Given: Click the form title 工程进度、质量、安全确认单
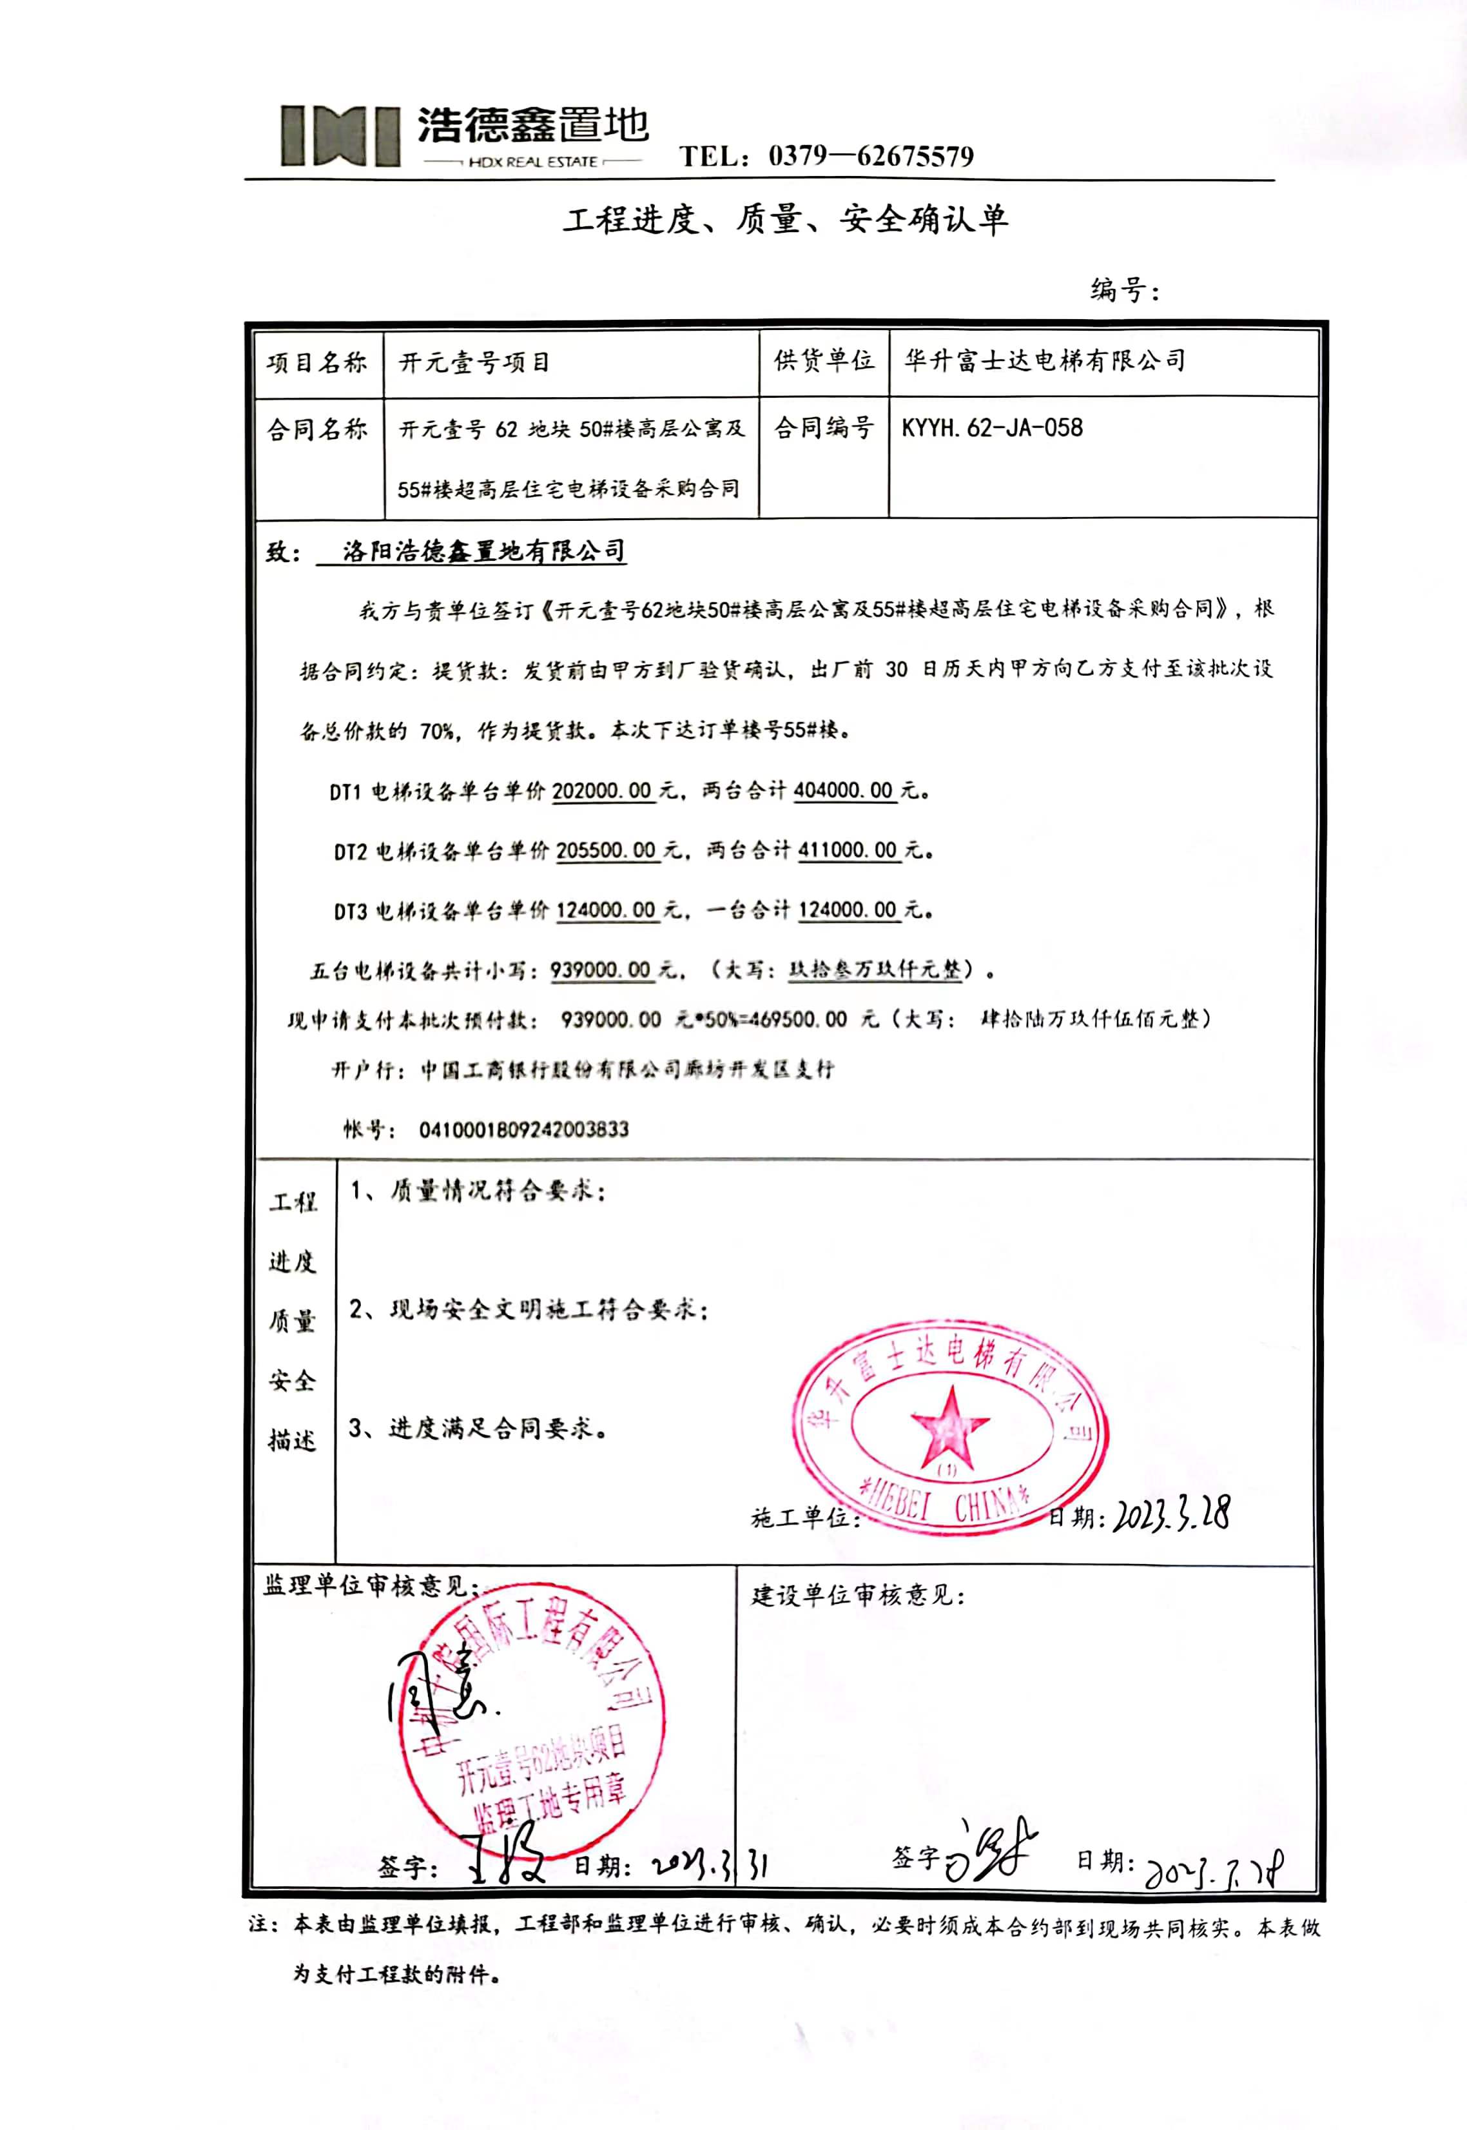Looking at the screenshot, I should coord(785,220).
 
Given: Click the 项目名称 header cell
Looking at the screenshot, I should coord(317,363).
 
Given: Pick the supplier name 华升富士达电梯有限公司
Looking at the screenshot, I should coord(1044,360).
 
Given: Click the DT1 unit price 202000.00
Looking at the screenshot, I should coord(602,790).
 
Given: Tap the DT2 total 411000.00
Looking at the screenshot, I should coord(848,850).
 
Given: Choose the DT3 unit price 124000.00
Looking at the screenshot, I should coord(607,910).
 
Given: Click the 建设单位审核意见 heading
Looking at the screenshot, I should coord(859,1595).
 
